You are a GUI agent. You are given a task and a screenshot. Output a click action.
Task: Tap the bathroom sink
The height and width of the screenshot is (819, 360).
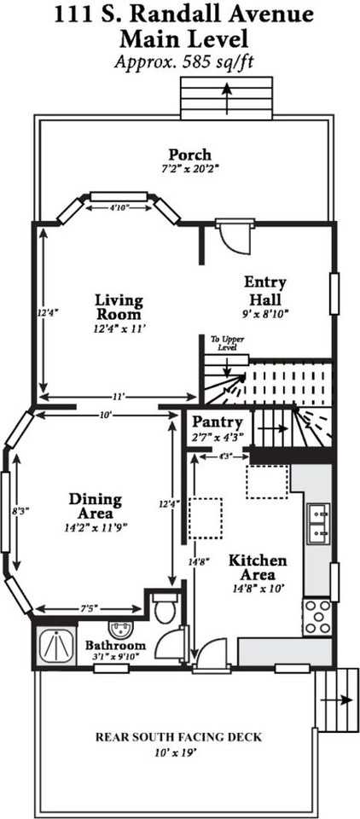click(x=116, y=629)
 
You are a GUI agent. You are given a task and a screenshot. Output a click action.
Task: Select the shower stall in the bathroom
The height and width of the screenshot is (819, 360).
click(x=56, y=645)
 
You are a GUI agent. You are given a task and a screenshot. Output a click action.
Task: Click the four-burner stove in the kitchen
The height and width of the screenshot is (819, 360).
click(x=317, y=618)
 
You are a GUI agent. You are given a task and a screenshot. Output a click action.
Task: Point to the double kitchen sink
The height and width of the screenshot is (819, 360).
click(x=318, y=525)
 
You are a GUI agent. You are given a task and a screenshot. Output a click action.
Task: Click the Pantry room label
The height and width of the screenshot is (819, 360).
click(x=218, y=421)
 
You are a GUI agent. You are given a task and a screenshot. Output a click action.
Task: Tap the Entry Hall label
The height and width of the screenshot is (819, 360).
click(x=265, y=291)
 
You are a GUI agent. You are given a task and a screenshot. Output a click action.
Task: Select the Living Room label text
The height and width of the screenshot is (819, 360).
click(x=119, y=308)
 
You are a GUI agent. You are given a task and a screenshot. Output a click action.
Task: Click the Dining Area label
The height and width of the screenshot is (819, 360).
click(x=95, y=506)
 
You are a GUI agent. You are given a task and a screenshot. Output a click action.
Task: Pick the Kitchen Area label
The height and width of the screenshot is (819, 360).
click(x=258, y=568)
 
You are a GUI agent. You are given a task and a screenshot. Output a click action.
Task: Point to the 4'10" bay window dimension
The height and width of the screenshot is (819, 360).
click(x=119, y=208)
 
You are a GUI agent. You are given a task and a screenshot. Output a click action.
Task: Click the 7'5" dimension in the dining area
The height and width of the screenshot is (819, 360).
click(x=87, y=609)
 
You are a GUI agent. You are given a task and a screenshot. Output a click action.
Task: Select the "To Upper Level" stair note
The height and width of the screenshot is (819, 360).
click(x=228, y=343)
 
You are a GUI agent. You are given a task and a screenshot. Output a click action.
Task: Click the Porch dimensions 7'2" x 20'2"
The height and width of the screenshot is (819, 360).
click(x=183, y=169)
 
